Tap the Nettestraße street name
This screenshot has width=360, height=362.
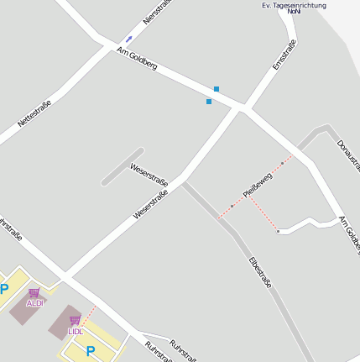34,114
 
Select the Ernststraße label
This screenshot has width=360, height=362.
284,54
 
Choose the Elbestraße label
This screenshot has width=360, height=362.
260,272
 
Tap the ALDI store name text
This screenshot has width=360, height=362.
35,303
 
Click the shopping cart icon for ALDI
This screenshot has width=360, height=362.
34,292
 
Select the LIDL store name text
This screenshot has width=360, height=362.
76,331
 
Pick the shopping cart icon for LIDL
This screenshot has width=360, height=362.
75,320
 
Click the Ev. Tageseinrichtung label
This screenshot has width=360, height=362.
294,5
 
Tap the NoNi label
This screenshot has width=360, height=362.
294,13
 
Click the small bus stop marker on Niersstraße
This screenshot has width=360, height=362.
128,39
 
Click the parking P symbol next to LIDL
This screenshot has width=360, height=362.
91,351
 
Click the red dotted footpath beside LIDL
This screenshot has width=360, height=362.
87,317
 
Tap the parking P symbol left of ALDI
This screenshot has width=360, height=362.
4,290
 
